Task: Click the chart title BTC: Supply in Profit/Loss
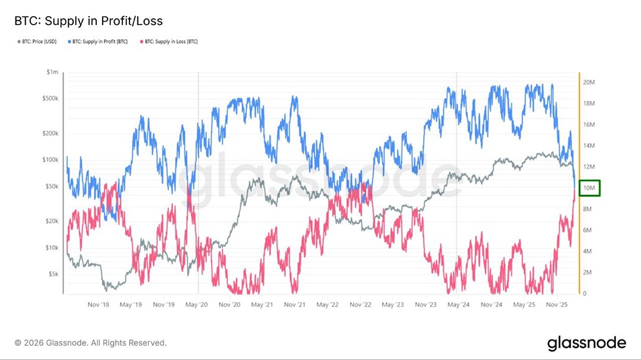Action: tap(88, 21)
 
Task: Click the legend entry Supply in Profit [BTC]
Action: tap(99, 42)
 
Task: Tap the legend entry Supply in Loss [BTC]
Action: tap(169, 42)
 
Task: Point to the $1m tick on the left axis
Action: tap(52, 72)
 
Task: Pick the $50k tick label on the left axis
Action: tap(51, 186)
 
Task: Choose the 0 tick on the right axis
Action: tap(585, 293)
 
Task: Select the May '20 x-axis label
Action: tap(197, 306)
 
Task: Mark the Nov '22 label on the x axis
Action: tap(362, 306)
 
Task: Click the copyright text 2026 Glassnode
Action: tap(90, 343)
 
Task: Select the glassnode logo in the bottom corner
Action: tap(587, 343)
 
